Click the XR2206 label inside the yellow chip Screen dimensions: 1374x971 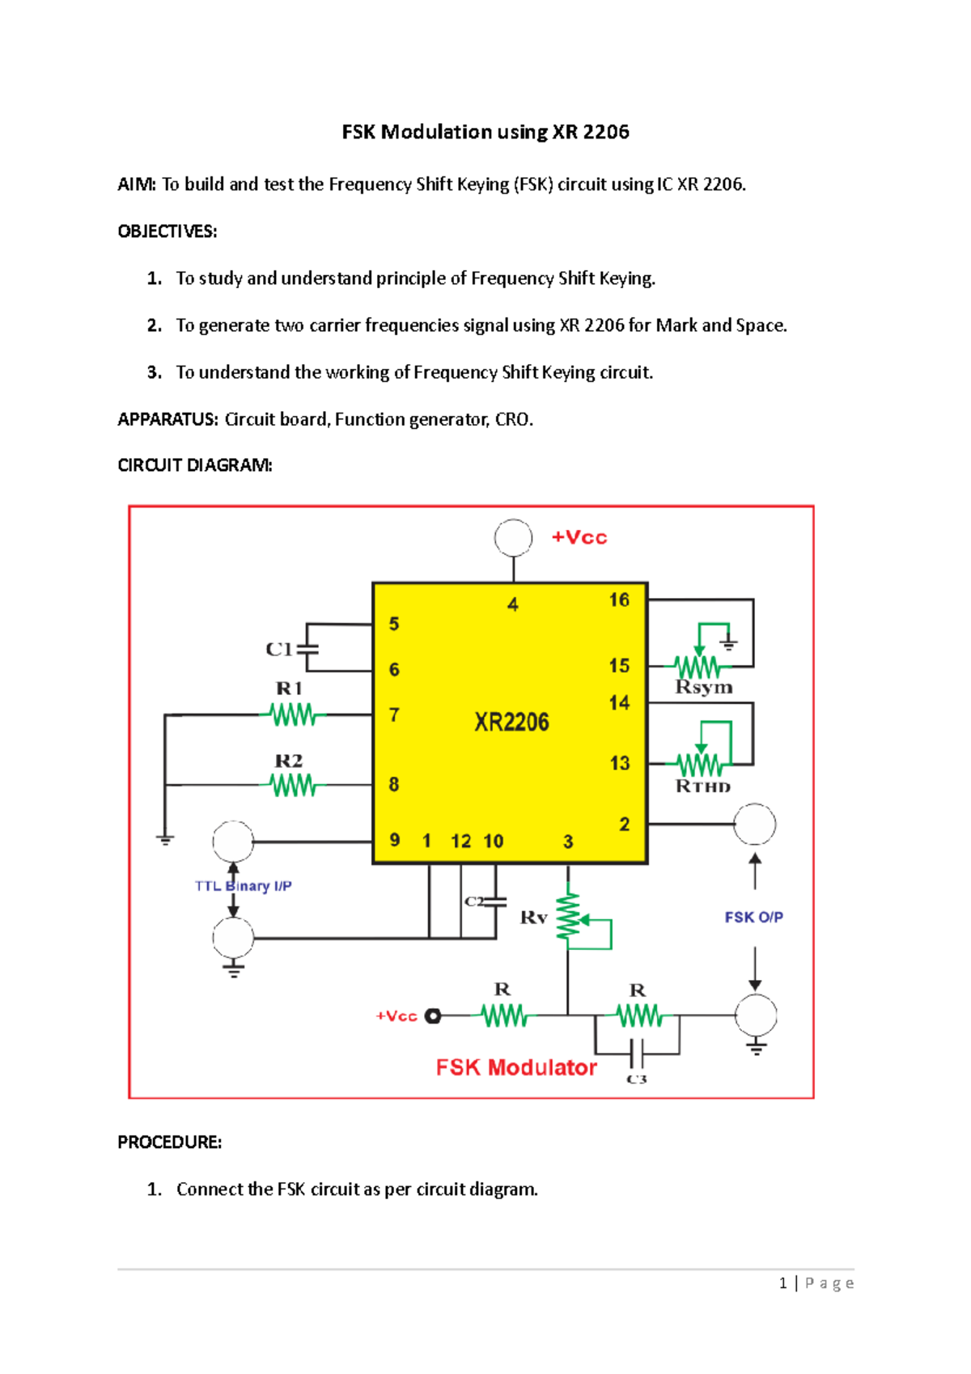pos(511,722)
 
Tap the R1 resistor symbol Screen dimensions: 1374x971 pos(293,715)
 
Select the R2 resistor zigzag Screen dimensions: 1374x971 pos(293,785)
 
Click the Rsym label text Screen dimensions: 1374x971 pos(703,688)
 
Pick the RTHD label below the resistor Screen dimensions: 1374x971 pos(702,787)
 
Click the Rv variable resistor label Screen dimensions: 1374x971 pos(533,918)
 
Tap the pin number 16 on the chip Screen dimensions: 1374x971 pos(619,600)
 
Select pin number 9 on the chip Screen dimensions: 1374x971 pos(395,840)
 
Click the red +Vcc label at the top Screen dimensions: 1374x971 pos(579,538)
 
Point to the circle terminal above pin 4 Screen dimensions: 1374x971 pos(513,538)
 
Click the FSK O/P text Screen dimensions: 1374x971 pos(753,918)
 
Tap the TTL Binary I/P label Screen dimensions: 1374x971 pos(243,886)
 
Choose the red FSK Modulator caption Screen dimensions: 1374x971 pos(516,1068)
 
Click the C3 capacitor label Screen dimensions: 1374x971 pos(637,1079)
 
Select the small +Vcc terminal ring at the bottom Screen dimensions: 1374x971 pos(433,1016)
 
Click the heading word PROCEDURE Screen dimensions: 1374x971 pos(169,1143)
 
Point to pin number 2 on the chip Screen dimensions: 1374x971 pos(624,825)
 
